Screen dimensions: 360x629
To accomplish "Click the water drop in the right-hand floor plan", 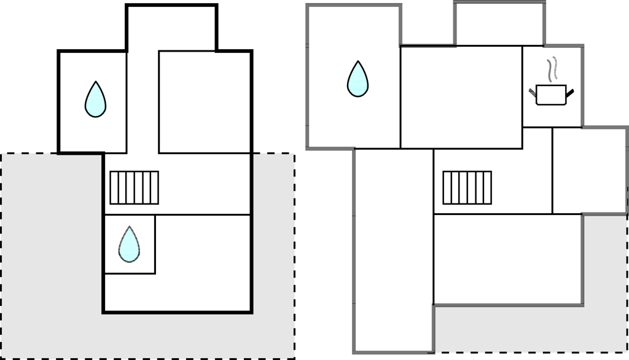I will tap(357, 79).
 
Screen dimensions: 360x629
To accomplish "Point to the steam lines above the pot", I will tap(553, 69).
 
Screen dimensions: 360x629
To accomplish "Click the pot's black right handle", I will tap(570, 93).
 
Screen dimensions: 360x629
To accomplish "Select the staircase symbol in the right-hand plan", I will tap(467, 187).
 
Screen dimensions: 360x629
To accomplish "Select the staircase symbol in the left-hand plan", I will tap(134, 187).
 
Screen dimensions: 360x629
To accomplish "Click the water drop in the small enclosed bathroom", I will tap(129, 244).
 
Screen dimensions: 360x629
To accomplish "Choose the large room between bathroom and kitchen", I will tap(461, 97).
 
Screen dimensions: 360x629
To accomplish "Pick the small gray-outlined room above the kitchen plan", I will tap(499, 25).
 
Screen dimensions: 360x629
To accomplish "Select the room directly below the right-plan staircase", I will tap(507, 258).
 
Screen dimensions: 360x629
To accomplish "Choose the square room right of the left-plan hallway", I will tap(205, 101).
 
